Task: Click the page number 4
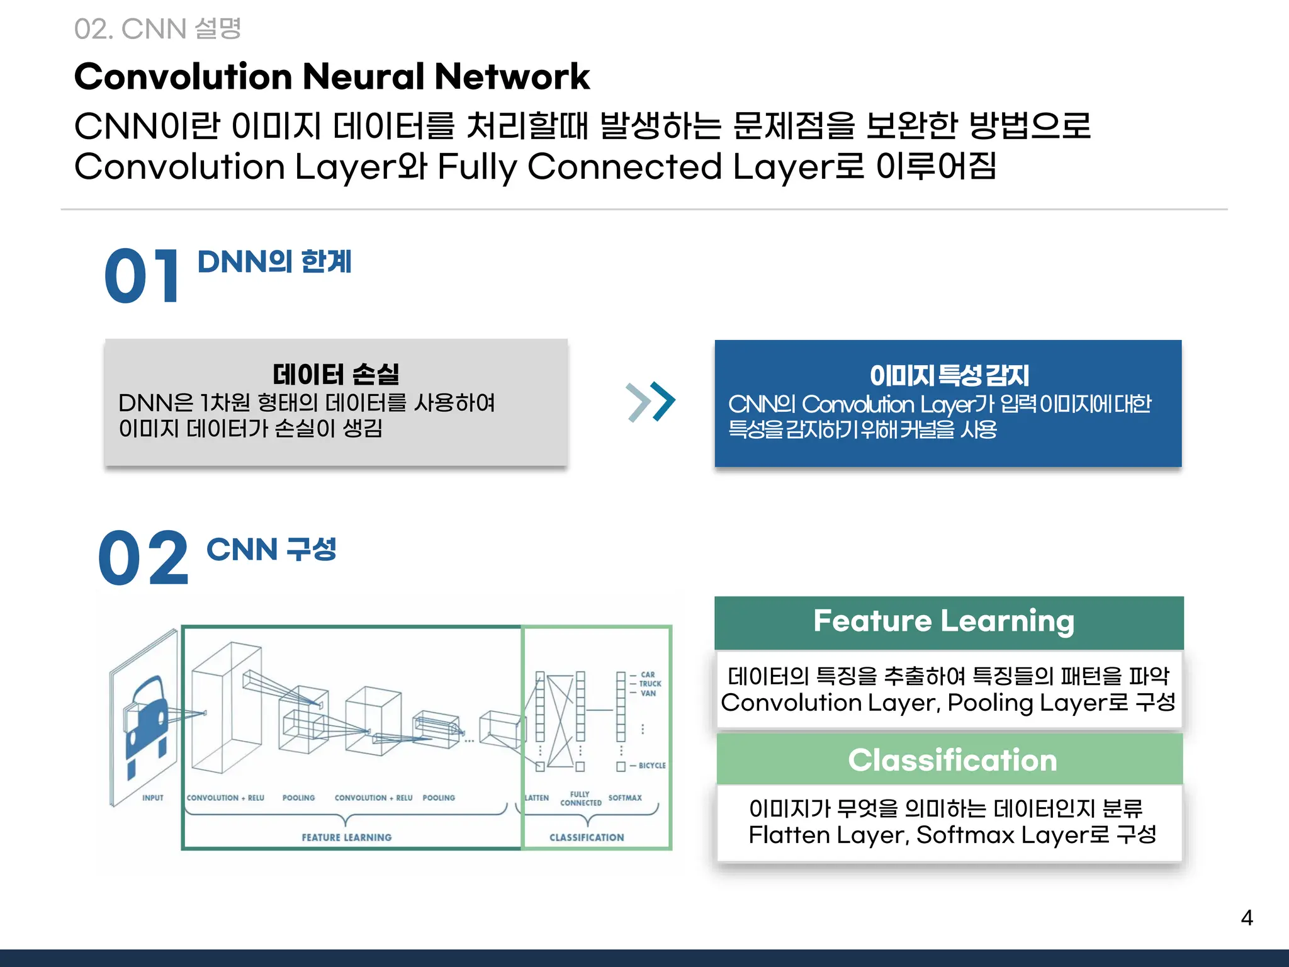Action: click(1246, 918)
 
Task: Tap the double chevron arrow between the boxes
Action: click(651, 402)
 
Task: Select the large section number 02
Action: click(144, 558)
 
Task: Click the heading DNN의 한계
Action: click(274, 261)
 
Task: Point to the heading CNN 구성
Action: click(271, 549)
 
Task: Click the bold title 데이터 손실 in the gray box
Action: click(336, 374)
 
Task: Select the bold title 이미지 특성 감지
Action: click(948, 375)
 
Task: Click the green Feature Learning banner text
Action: click(943, 621)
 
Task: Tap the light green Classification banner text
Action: click(952, 760)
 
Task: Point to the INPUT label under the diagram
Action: click(153, 798)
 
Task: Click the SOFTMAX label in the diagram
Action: click(625, 798)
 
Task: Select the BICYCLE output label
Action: click(652, 766)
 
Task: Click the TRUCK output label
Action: click(650, 684)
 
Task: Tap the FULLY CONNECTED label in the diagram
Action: click(580, 798)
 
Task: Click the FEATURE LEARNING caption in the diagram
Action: click(346, 837)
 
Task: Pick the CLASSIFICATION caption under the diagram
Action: click(587, 837)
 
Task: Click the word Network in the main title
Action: click(512, 77)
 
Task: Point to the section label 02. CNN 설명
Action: click(157, 29)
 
